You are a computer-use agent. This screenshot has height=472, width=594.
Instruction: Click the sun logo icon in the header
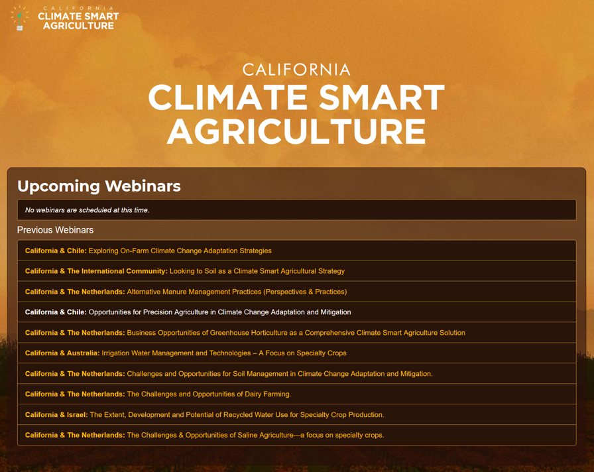(20, 17)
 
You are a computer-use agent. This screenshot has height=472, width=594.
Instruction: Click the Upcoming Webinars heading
(99, 186)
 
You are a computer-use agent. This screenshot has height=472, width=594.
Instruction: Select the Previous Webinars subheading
(55, 230)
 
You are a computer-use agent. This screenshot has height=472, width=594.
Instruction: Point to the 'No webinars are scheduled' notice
(87, 210)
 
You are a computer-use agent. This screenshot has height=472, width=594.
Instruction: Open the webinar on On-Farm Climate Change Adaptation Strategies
(148, 251)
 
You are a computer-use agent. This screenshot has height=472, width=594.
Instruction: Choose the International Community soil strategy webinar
(185, 271)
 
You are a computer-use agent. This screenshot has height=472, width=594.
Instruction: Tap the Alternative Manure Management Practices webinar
(186, 292)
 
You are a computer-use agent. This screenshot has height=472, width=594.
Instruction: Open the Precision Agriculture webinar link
(188, 312)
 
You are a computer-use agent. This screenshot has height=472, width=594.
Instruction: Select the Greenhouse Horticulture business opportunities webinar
(245, 333)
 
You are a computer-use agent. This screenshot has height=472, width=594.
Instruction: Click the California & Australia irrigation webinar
(186, 353)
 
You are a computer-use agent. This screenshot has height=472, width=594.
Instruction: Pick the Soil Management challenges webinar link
(229, 374)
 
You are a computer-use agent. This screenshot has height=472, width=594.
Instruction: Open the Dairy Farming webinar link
(158, 394)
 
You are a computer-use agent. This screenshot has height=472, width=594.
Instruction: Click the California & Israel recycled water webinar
(205, 415)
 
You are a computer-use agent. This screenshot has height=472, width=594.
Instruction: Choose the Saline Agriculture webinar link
(205, 436)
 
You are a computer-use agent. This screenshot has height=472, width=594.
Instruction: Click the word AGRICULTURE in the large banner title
(296, 132)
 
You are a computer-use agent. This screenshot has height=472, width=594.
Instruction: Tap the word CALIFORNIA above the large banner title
(296, 70)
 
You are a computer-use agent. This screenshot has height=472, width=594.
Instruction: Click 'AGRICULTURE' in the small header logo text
(79, 25)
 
